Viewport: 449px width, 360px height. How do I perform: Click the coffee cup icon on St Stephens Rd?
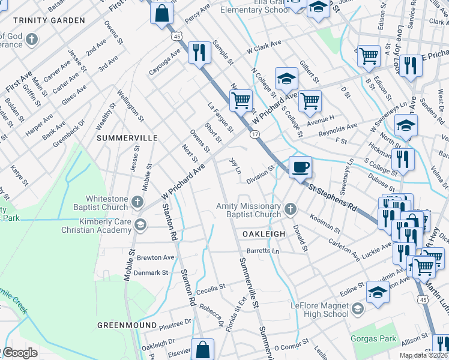point(300,167)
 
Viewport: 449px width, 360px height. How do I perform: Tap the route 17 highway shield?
point(255,134)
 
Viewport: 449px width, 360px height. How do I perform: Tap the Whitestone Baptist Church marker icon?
point(138,202)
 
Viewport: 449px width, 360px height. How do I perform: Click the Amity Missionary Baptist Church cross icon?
point(290,209)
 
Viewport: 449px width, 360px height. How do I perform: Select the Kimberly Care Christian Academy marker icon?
point(140,225)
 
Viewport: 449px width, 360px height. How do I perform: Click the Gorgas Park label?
point(374,338)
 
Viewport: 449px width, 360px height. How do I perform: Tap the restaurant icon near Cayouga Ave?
point(198,52)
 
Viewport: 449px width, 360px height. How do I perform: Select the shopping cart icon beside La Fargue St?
point(241,100)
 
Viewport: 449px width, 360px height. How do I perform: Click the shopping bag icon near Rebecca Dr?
point(204,349)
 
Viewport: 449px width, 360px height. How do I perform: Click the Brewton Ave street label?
point(156,257)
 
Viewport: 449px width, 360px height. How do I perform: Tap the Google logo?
point(20,353)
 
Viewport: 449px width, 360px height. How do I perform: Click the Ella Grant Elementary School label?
point(255,6)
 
